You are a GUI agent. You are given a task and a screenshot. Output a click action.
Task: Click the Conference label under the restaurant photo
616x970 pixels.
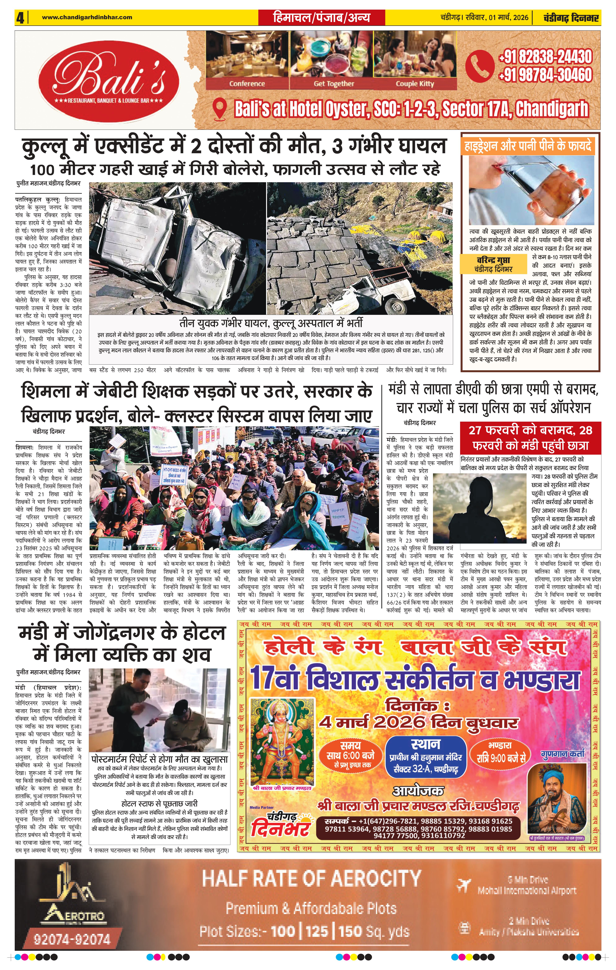pyautogui.click(x=247, y=84)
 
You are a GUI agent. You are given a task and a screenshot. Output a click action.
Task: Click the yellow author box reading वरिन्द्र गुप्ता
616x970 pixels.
pyautogui.click(x=494, y=264)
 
